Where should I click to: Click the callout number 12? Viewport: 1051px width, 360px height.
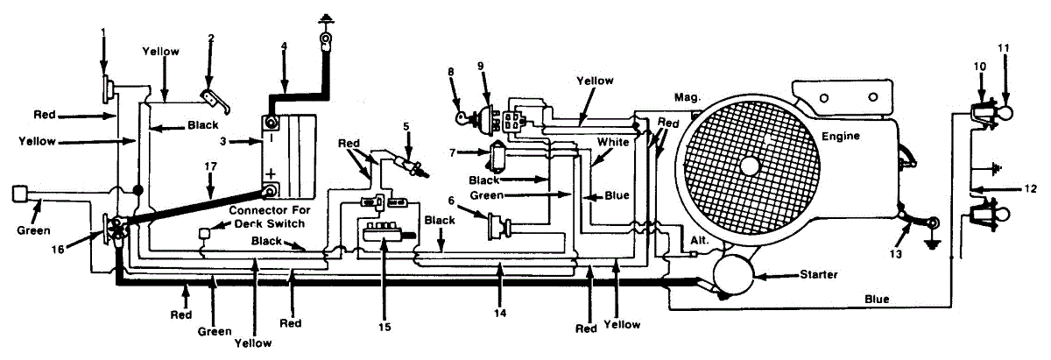click(1031, 187)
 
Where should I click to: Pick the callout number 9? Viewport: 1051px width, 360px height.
click(481, 66)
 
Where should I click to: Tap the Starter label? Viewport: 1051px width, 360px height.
click(819, 275)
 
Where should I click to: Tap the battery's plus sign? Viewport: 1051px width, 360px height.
click(272, 173)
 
